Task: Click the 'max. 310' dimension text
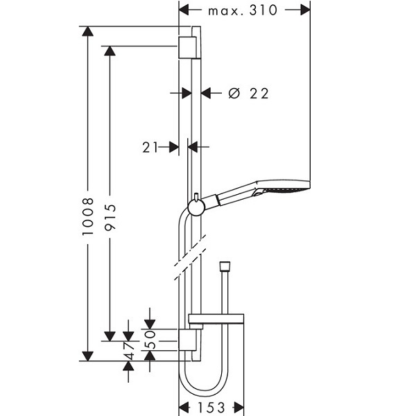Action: (243, 10)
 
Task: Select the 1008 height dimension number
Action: (88, 216)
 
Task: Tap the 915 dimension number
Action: (110, 217)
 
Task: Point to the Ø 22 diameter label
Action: (249, 94)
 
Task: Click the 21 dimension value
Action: (150, 147)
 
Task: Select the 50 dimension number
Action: (150, 339)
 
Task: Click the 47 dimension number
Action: (129, 350)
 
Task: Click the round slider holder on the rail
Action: (196, 207)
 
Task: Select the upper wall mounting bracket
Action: (187, 48)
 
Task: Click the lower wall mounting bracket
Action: (187, 340)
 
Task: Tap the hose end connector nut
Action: (225, 266)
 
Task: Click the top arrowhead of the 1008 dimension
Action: (88, 31)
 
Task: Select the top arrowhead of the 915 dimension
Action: (110, 51)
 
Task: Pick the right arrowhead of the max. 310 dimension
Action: (305, 10)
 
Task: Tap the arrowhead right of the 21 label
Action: (193, 147)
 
